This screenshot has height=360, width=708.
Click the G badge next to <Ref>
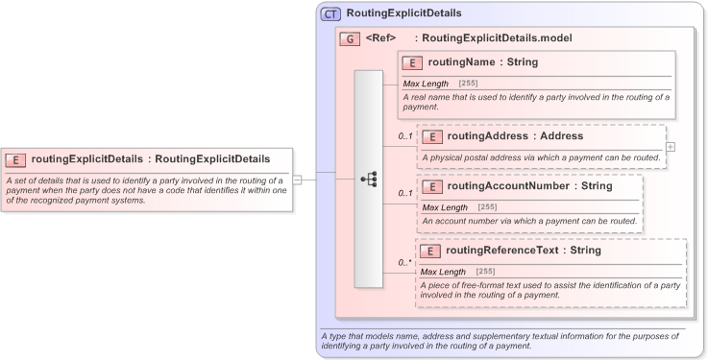point(351,39)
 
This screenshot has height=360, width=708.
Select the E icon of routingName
point(412,63)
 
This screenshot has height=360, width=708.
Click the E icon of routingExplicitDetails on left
point(15,159)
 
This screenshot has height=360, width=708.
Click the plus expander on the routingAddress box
point(670,147)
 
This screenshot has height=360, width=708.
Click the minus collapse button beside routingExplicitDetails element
point(297,179)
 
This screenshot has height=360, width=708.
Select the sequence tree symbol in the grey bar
point(368,179)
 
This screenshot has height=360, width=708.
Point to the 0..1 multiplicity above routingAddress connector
point(405,136)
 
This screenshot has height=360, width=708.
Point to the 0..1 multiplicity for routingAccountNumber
point(405,193)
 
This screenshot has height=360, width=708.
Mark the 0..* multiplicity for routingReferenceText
point(405,262)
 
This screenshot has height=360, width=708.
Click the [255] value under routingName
point(468,84)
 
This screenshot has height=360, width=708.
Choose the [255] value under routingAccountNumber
point(487,207)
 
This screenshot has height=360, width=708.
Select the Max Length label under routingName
point(426,84)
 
